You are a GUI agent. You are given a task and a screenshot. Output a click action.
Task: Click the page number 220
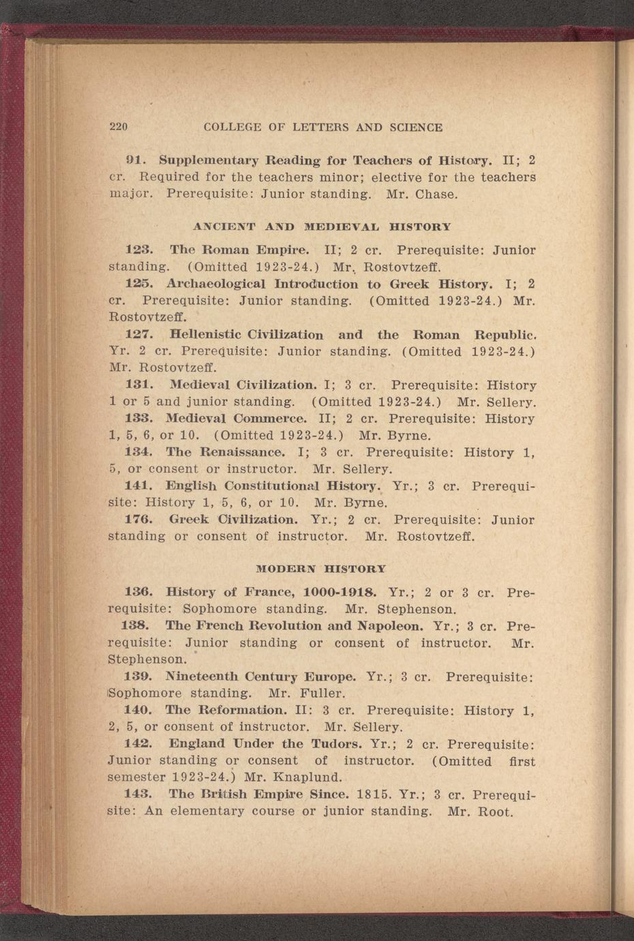coord(119,128)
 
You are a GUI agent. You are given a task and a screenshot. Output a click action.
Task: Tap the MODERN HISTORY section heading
coord(321,568)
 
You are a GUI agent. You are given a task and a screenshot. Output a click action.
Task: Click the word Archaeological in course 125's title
coord(220,284)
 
